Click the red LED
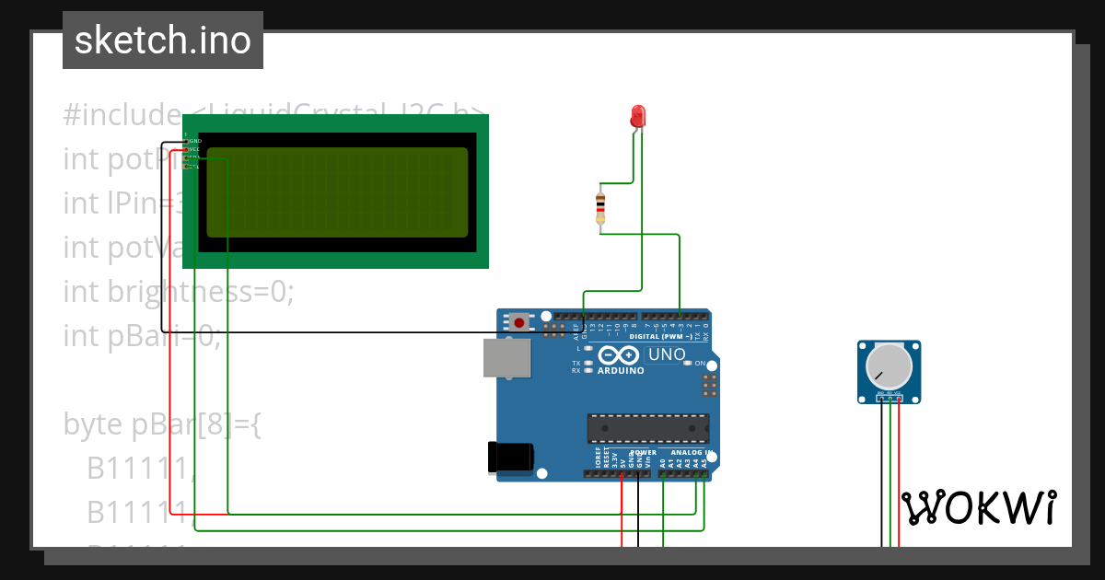(x=638, y=116)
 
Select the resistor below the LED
(x=600, y=207)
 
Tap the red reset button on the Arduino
(x=519, y=322)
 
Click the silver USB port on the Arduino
(x=506, y=357)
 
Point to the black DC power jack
(x=510, y=458)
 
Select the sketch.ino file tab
(x=163, y=41)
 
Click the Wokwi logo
(x=978, y=507)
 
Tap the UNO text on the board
(x=667, y=355)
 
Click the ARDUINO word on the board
(x=621, y=371)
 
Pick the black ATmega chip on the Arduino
(x=648, y=428)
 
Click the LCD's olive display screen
(x=338, y=191)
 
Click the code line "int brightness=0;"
(x=178, y=292)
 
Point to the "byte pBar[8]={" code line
(x=162, y=424)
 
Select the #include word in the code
(x=122, y=115)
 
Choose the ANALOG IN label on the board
(x=688, y=453)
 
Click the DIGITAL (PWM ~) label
(x=661, y=337)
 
